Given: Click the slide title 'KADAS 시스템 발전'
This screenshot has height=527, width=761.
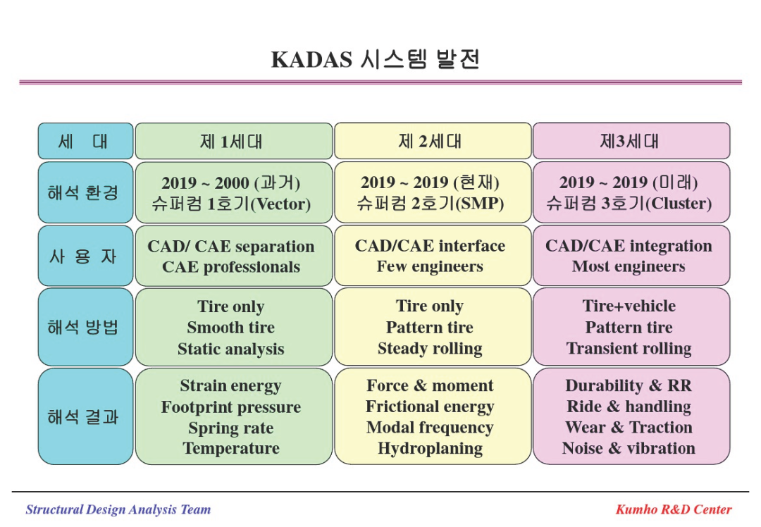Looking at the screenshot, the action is tap(375, 59).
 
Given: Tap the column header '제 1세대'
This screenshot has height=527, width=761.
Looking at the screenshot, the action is tap(231, 141).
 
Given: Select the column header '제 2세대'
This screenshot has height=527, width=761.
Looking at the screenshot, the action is tap(430, 141).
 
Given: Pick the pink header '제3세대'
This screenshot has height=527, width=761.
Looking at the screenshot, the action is tap(629, 141).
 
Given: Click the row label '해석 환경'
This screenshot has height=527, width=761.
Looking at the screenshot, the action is tap(83, 192).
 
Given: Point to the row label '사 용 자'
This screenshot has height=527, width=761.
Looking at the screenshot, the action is tap(83, 256).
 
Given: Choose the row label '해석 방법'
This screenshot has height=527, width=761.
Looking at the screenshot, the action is tap(83, 327).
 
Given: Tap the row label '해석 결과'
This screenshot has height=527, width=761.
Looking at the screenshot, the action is tap(83, 417).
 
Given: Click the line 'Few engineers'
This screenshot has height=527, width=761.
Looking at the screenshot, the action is tap(430, 266).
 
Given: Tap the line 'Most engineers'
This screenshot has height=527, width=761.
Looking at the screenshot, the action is tap(629, 266).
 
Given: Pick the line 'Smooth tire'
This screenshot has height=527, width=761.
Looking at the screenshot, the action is tap(231, 328).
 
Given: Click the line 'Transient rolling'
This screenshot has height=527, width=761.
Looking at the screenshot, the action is tap(629, 349).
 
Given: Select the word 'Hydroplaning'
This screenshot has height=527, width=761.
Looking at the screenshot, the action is tap(431, 448).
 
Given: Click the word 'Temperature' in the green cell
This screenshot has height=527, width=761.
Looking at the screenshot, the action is tap(231, 448).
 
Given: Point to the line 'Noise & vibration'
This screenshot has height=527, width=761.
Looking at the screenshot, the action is tap(629, 448).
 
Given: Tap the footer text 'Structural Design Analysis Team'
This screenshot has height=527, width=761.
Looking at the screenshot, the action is tap(118, 509).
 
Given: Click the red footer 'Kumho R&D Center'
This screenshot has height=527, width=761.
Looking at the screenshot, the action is tap(674, 509).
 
